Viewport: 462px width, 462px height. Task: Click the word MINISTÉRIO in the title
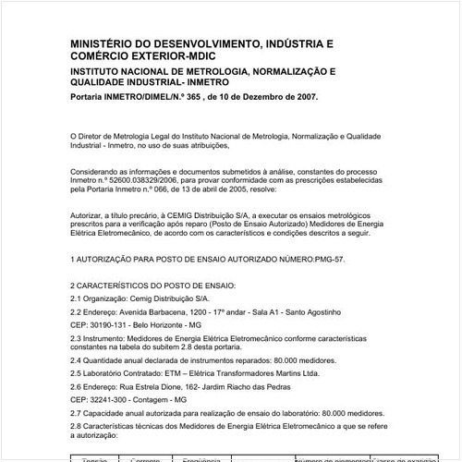[103, 43]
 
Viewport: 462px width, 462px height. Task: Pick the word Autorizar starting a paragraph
[88, 212]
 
